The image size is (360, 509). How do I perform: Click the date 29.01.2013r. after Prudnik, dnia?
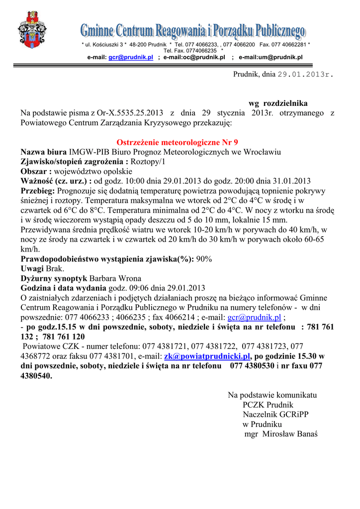pyautogui.click(x=305, y=75)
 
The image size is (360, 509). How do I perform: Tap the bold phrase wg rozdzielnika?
pyautogui.click(x=278, y=103)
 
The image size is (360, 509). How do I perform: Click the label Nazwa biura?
pyautogui.click(x=43, y=152)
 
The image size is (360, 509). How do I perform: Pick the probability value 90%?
pyautogui.click(x=204, y=259)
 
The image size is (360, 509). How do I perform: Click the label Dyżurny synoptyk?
pyautogui.click(x=54, y=278)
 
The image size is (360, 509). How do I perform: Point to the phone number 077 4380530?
pyautogui.click(x=252, y=366)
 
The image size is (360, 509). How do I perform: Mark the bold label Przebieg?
pyautogui.click(x=38, y=191)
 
